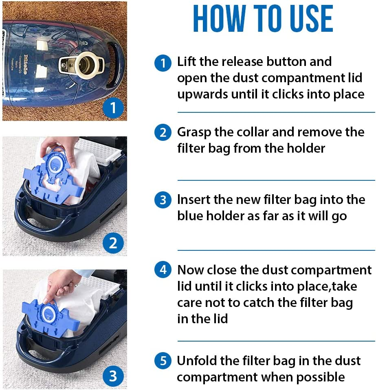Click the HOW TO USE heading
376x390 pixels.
click(263, 19)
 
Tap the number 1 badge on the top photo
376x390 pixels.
click(113, 108)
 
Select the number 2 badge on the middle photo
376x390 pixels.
click(113, 243)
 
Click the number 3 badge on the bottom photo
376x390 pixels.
click(113, 376)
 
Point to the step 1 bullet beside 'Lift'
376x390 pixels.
click(163, 63)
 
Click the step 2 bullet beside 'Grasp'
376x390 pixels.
click(163, 133)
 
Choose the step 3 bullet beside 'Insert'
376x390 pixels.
click(163, 200)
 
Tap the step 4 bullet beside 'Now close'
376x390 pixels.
click(163, 271)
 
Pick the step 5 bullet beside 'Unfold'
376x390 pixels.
click(163, 361)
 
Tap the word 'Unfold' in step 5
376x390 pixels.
click(197, 361)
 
